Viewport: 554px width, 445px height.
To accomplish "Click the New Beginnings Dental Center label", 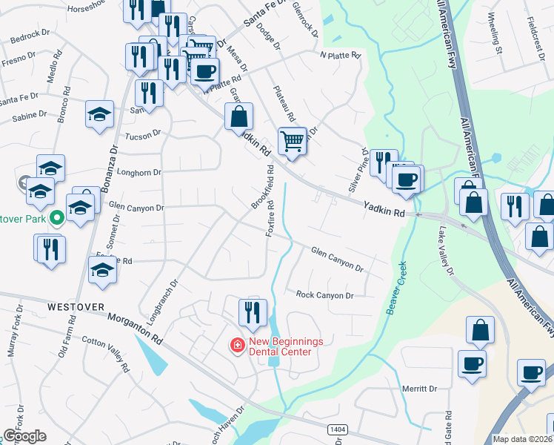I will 286,346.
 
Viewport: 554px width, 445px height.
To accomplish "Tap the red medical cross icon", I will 237,346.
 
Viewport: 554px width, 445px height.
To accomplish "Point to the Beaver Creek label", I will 398,287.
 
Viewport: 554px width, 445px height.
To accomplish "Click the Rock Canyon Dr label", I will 325,295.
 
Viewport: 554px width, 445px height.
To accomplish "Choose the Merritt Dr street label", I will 420,389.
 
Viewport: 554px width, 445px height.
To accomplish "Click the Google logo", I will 24,436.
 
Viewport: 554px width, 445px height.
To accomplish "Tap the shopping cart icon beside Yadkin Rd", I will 293,140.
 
